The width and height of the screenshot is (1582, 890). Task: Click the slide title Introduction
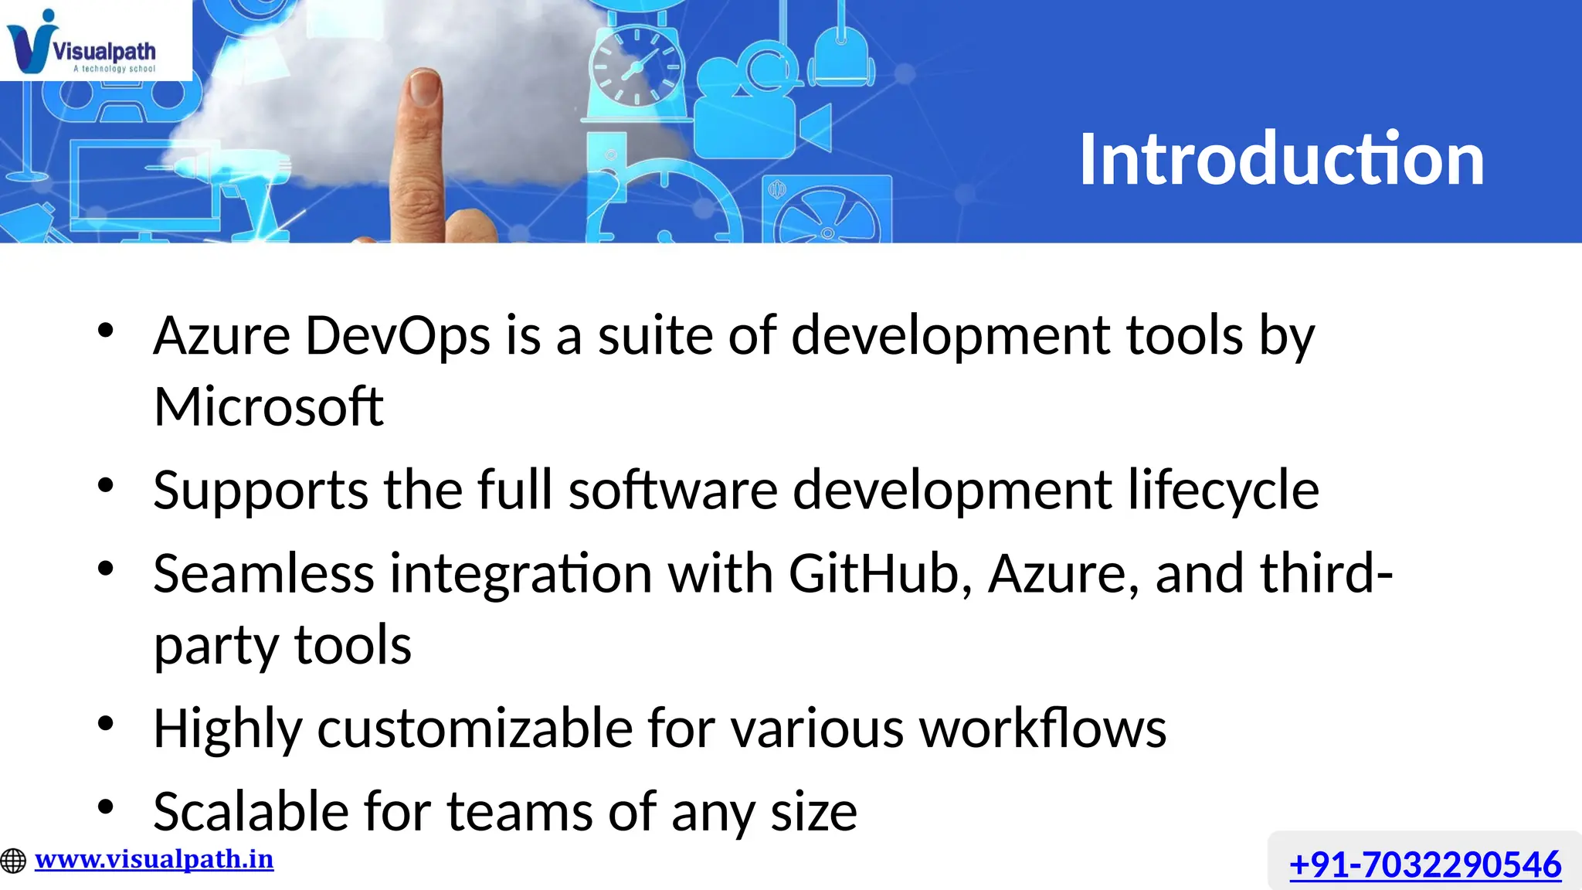pos(1281,159)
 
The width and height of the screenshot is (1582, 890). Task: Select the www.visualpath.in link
pos(154,859)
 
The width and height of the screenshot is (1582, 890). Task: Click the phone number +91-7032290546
pos(1424,864)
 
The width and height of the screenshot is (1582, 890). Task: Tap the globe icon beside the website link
pos(13,861)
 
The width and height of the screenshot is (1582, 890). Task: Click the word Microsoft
pos(268,406)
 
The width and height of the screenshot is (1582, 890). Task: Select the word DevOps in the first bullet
pos(398,336)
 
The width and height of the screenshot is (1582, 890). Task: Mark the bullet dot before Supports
pos(106,486)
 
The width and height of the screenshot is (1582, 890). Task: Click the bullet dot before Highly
pos(106,724)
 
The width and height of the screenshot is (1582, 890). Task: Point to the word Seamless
pos(263,574)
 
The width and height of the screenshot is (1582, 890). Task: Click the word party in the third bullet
pos(216,645)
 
